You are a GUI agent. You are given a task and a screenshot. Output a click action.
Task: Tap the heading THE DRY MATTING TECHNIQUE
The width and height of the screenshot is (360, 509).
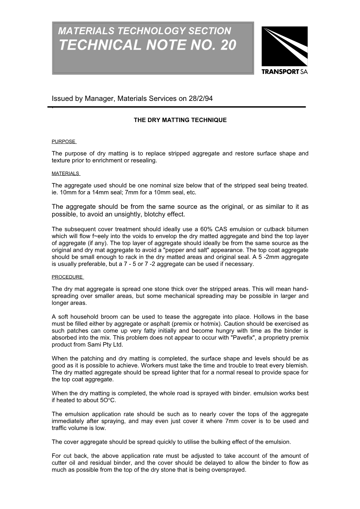pyautogui.click(x=180, y=120)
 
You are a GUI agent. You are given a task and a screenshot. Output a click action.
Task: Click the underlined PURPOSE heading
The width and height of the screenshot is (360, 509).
pyautogui.click(x=64, y=142)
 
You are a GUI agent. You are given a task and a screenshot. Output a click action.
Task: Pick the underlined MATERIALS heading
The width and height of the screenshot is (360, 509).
pyautogui.click(x=65, y=174)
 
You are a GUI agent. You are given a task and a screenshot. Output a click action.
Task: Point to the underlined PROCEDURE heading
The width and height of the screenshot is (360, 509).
pyautogui.click(x=67, y=277)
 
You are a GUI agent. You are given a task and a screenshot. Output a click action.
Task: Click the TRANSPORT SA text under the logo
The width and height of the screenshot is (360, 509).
pyautogui.click(x=284, y=72)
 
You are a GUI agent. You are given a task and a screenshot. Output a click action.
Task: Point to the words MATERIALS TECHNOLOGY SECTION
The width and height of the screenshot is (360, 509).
pyautogui.click(x=144, y=31)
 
